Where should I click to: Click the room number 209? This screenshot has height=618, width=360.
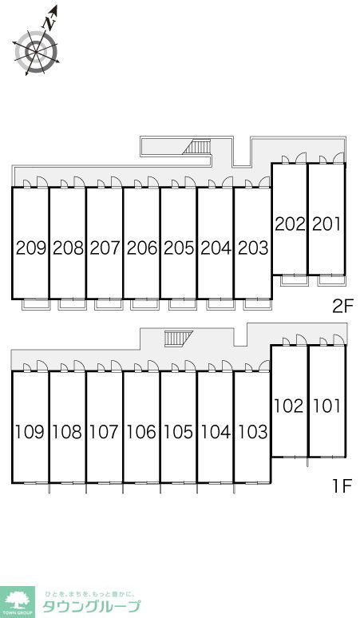pyautogui.click(x=31, y=248)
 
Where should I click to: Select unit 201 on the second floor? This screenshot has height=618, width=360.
pyautogui.click(x=326, y=224)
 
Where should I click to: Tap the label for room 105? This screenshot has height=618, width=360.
pyautogui.click(x=179, y=432)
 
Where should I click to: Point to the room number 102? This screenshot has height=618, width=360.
pyautogui.click(x=289, y=406)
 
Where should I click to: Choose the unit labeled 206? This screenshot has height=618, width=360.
pyautogui.click(x=142, y=248)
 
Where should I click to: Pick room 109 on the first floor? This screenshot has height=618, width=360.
pyautogui.click(x=30, y=432)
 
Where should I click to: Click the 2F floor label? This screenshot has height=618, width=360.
pyautogui.click(x=342, y=306)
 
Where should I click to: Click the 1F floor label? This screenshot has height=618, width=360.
pyautogui.click(x=342, y=486)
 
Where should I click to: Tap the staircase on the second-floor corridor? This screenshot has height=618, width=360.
pyautogui.click(x=197, y=147)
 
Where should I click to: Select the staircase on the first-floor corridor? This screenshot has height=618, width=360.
pyautogui.click(x=178, y=339)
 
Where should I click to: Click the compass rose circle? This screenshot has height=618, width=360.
pyautogui.click(x=36, y=52)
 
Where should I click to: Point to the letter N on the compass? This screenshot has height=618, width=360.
pyautogui.click(x=49, y=23)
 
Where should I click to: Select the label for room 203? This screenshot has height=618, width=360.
pyautogui.click(x=253, y=248)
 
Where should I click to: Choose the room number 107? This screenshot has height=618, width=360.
pyautogui.click(x=105, y=432)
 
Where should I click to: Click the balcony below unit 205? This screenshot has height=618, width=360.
pyautogui.click(x=183, y=304)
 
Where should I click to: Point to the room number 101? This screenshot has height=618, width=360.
pyautogui.click(x=326, y=406)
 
